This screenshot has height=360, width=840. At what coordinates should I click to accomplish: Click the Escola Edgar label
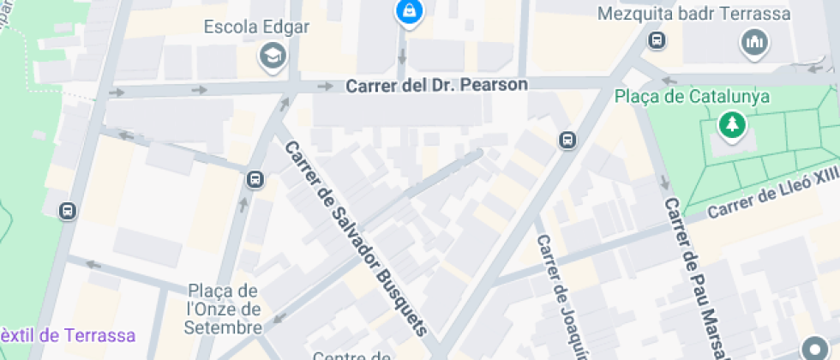tap(256, 27)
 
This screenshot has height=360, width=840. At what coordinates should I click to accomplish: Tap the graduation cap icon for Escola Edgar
tap(273, 57)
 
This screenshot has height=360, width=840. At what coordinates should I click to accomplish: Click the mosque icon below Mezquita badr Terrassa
tap(754, 41)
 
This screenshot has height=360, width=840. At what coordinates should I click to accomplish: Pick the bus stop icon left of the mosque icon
tap(657, 39)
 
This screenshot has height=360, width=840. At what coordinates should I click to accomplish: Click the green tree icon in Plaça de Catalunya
tap(733, 126)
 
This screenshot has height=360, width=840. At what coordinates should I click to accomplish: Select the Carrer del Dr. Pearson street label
tap(436, 86)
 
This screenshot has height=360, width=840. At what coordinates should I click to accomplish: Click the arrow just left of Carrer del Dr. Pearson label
tap(326, 86)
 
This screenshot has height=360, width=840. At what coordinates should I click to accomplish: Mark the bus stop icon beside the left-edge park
tap(68, 210)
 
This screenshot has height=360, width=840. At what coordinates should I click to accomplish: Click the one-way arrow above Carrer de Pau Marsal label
tap(663, 182)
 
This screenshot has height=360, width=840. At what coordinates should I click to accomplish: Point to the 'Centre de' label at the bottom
tap(352, 356)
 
